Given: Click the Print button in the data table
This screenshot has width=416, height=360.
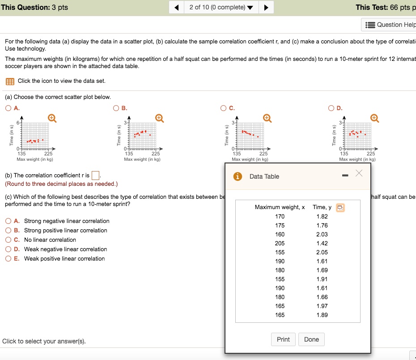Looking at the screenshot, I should (x=283, y=339).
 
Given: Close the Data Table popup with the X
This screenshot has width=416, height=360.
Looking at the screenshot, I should (x=359, y=174).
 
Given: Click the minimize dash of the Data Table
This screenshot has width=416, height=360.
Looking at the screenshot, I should (x=345, y=176).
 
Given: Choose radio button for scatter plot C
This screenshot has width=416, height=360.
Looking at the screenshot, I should (x=223, y=108).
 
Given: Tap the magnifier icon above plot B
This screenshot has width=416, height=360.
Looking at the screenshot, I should (x=159, y=118).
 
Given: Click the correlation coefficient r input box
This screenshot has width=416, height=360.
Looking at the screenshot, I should (x=95, y=175).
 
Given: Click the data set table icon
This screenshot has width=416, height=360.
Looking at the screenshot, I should (x=10, y=81).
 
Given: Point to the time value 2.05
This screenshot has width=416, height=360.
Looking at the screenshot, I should (x=322, y=252).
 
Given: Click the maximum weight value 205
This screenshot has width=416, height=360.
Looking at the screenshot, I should (x=280, y=243).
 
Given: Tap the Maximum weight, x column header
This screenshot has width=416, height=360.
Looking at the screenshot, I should (x=280, y=207).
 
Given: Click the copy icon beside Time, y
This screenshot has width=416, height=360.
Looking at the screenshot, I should (x=340, y=207).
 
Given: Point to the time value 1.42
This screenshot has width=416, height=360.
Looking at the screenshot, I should (x=322, y=243).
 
